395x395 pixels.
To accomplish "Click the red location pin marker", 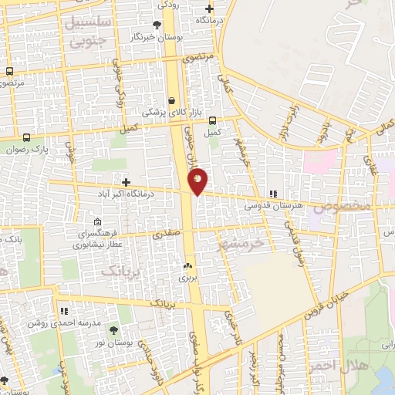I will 197,181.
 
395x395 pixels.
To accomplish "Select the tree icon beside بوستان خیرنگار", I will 157,24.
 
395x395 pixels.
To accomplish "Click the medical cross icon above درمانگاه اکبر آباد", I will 126,182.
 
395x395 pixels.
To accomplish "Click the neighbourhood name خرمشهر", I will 241,242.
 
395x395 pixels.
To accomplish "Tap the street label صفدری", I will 167,231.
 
